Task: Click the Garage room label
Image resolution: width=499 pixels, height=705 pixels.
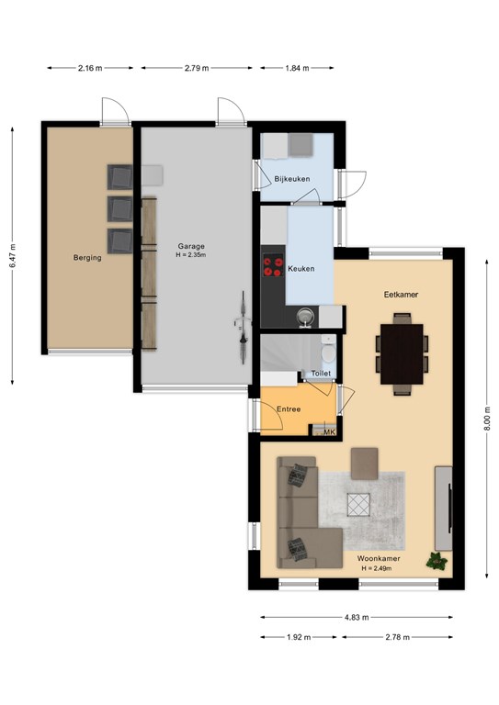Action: pos(191,246)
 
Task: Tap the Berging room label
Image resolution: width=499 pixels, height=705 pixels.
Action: pos(87,258)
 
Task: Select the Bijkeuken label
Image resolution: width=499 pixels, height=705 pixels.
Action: pos(292,178)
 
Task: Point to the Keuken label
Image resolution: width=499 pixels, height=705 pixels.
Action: pos(301,268)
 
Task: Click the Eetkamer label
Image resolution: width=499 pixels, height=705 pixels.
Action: pos(401,295)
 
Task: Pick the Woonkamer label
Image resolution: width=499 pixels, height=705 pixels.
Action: pos(379,558)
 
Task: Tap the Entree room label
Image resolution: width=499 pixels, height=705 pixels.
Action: pos(289,409)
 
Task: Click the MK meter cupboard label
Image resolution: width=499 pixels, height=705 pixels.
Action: pos(330,432)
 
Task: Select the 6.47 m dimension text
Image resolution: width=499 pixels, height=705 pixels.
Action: pos(13,256)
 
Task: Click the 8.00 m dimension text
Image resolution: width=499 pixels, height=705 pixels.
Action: pos(487,419)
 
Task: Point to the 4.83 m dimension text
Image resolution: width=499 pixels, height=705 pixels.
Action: pos(357,617)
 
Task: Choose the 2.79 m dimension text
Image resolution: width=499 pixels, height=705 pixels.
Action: pos(197,68)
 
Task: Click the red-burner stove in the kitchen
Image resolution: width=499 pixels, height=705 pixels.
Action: pos(273,265)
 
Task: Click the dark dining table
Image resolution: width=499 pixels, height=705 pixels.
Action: pos(402,353)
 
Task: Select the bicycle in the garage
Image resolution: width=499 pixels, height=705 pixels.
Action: pos(243,327)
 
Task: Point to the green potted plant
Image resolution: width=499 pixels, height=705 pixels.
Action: pos(437,561)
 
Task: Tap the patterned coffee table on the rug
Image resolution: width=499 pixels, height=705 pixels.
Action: pos(358,505)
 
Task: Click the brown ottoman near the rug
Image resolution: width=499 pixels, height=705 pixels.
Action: pos(365,463)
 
